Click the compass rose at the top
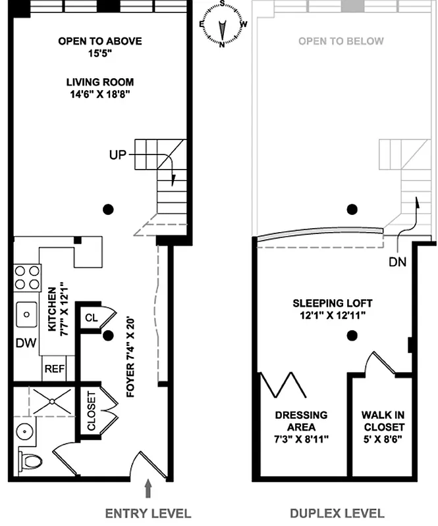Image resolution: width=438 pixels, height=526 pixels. pos(223,24)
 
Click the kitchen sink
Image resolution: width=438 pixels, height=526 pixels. pos(27,314)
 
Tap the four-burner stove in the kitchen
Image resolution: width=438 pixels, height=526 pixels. pos(26,277)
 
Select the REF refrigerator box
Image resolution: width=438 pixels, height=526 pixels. pos(54,369)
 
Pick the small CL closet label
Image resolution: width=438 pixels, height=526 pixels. pos(92,318)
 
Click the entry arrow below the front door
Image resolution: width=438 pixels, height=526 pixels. pos(148,489)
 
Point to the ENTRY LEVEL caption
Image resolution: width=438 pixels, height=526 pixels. pos(148,513)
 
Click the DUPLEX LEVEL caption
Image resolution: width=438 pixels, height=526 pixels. pos(337,513)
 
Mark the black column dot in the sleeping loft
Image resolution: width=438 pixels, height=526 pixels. pos(352,337)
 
